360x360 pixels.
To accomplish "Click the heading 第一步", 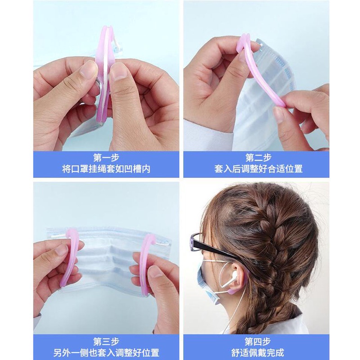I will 106,157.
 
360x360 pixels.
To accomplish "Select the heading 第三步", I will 106,341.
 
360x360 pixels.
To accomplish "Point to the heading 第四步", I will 258,341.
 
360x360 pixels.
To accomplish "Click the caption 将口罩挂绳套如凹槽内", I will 106,169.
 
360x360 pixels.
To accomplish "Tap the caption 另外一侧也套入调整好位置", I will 106,352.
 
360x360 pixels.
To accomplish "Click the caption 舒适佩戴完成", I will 258,352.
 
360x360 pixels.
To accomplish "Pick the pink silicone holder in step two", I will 261,72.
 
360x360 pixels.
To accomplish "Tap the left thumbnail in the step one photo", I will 88,69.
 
